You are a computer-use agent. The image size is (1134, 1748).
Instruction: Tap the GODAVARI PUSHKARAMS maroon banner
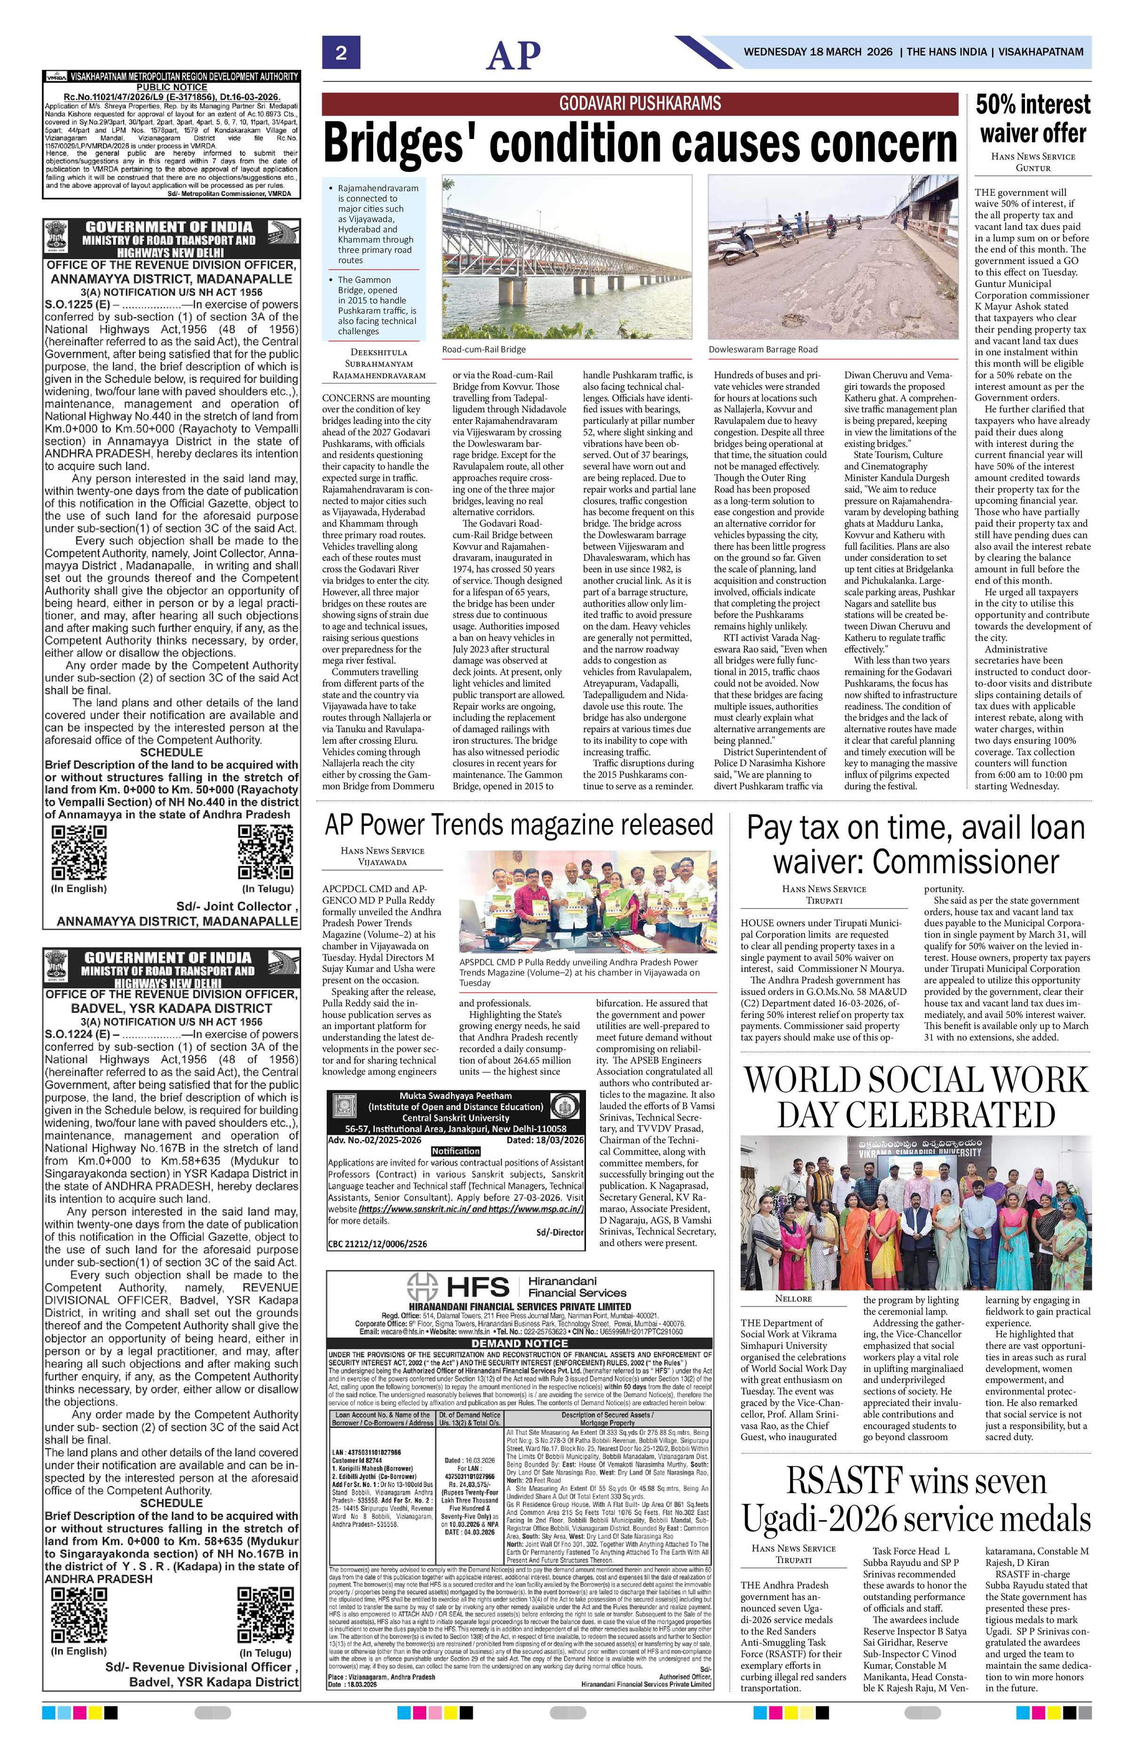click(640, 103)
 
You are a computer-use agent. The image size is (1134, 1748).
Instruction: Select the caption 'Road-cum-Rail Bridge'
click(484, 350)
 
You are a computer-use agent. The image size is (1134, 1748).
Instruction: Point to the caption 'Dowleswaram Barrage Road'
click(763, 350)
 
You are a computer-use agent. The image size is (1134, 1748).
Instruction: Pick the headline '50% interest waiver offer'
click(1032, 118)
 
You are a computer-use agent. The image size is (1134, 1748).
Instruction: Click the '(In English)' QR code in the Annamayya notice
click(78, 852)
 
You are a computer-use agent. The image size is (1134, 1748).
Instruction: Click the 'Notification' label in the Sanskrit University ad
click(456, 1151)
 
